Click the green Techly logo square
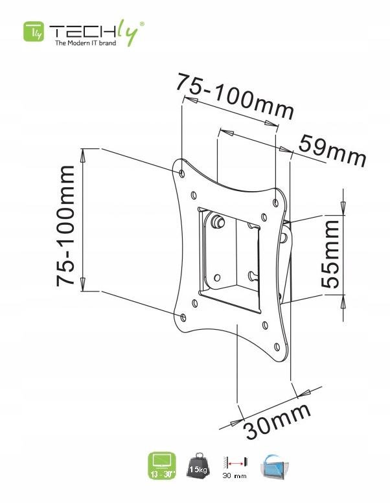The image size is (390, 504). point(34,32)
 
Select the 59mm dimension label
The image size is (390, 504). point(332,152)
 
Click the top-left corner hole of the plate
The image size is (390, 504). point(182,174)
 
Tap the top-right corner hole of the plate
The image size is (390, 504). point(277,203)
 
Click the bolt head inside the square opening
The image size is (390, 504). point(218,222)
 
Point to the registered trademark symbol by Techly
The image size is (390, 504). point(143,23)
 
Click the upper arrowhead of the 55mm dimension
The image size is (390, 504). point(343,207)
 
